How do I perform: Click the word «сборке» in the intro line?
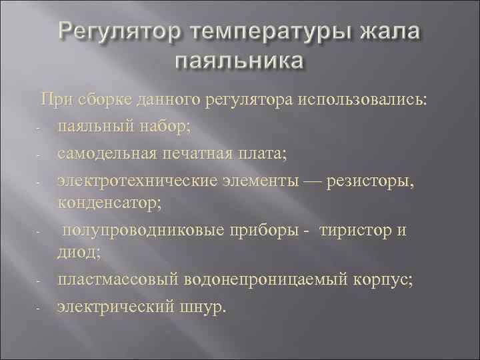pos(103,101)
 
